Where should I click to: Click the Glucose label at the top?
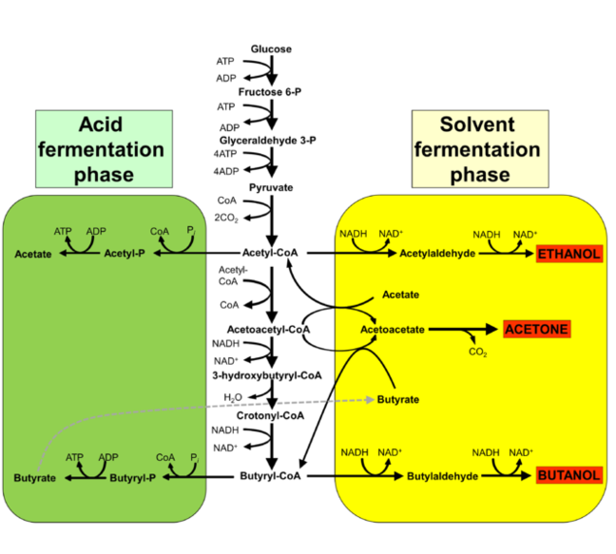point(271,48)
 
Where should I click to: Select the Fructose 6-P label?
point(271,94)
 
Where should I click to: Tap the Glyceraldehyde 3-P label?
point(271,140)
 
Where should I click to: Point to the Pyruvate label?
point(271,187)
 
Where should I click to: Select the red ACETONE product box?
point(537,329)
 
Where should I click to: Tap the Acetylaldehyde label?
point(435,255)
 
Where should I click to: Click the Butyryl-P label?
point(131,475)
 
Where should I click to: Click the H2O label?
point(234,397)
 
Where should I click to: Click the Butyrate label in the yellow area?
point(398,400)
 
